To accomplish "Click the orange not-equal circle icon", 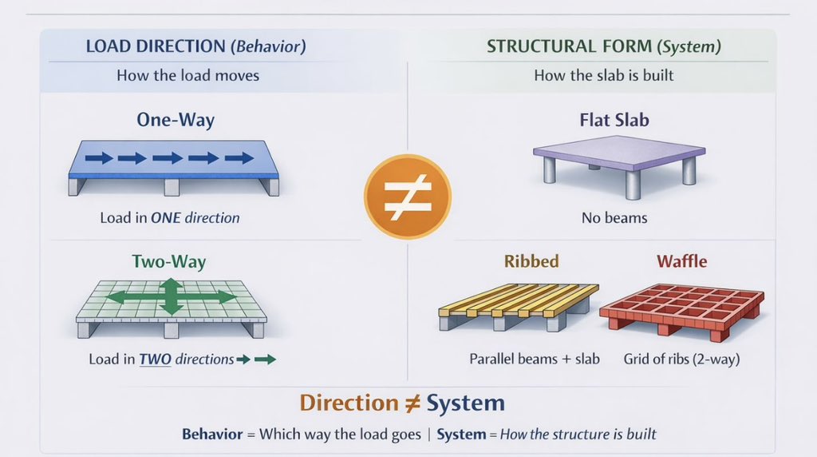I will pyautogui.click(x=407, y=197).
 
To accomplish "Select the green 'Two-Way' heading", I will pyautogui.click(x=169, y=261).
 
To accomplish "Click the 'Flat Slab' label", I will pyautogui.click(x=614, y=121).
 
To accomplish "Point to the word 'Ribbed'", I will pyautogui.click(x=531, y=261).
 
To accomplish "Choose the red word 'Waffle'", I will pyautogui.click(x=681, y=261).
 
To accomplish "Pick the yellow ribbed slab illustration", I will pyautogui.click(x=519, y=306).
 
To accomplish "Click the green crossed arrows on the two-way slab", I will pyautogui.click(x=171, y=296).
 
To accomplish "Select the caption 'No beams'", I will pyautogui.click(x=614, y=217).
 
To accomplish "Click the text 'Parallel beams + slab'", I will pyautogui.click(x=535, y=359).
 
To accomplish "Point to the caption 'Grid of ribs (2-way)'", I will pyautogui.click(x=681, y=359).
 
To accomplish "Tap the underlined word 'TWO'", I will pyautogui.click(x=155, y=359).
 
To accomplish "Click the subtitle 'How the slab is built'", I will pyautogui.click(x=603, y=76).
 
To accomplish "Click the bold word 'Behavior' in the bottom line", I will pyautogui.click(x=211, y=434).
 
